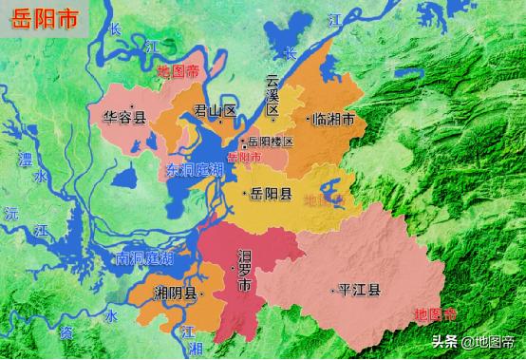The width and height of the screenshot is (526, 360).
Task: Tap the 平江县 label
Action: [359, 290]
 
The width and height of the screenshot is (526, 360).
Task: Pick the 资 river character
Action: [66, 332]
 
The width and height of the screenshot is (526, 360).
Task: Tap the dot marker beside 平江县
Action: [331, 290]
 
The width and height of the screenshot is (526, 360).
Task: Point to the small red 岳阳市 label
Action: [243, 157]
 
